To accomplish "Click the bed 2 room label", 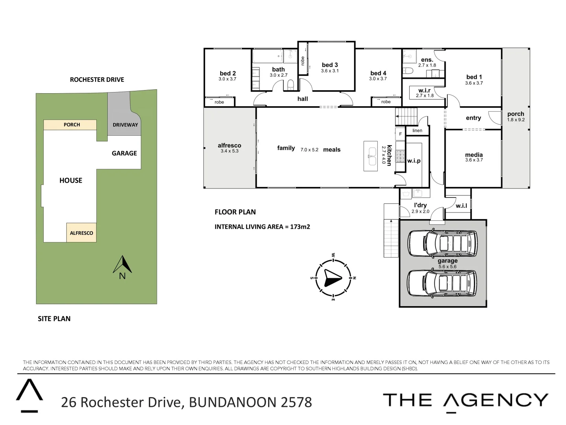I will point(228,73).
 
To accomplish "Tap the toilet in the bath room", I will point(290,85).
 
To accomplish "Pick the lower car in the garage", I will point(442,282).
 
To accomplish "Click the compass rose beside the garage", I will point(333,277).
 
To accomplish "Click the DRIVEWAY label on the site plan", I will point(125,125).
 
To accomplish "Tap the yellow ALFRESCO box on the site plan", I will point(81,233).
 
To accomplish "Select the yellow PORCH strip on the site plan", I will point(70,125).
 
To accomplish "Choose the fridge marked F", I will point(401,134).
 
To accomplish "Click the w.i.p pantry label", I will point(414,161).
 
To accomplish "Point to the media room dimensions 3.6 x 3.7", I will point(474,160).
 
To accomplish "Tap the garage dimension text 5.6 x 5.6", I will point(448,267).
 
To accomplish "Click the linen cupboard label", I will point(417,131).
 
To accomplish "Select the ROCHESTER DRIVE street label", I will point(97,79).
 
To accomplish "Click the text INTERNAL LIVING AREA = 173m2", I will point(262,227).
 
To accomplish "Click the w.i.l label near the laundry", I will point(461,205).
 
